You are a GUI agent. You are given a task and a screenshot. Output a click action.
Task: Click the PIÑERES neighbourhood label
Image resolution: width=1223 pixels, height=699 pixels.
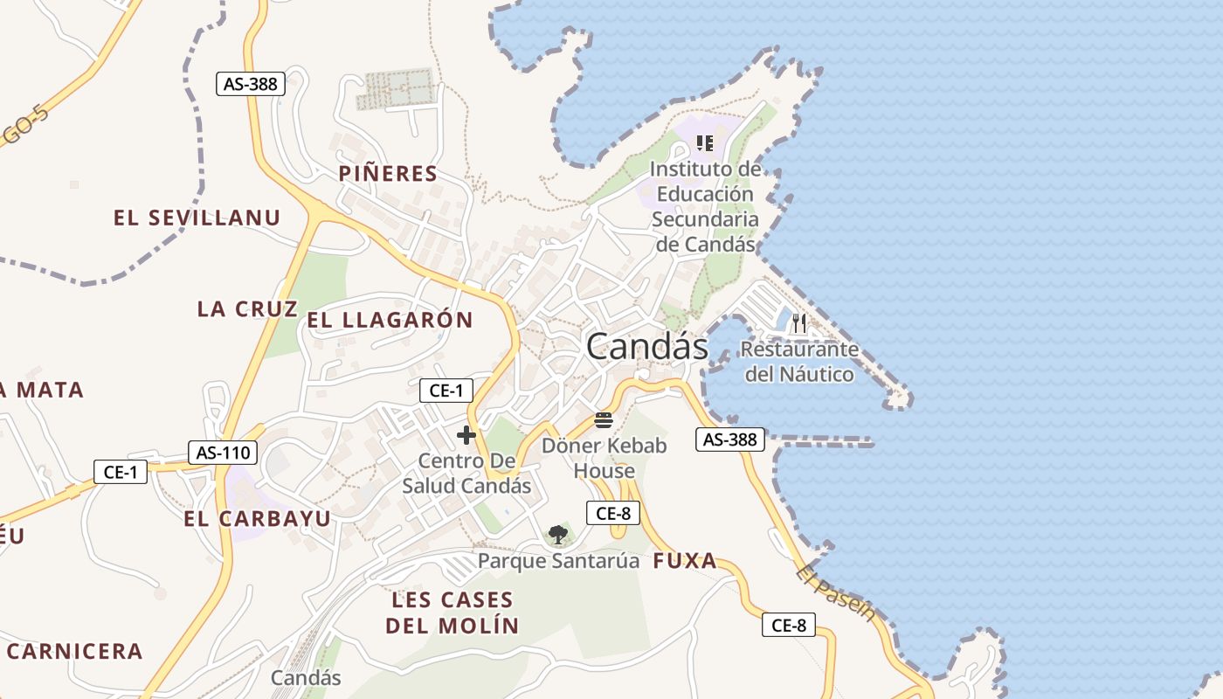(x=388, y=174)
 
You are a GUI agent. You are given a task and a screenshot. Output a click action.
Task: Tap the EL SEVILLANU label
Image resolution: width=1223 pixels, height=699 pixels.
(x=197, y=218)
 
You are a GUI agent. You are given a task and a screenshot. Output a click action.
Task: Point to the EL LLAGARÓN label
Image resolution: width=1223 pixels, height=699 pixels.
(x=390, y=321)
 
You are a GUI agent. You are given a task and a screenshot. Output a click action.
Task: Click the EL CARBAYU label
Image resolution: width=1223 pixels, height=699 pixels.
(x=258, y=519)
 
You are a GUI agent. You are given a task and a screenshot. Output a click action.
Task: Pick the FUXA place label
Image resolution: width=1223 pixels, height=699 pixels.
(x=685, y=561)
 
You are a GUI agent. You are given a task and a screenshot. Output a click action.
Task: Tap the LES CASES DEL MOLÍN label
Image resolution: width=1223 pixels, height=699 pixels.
(x=453, y=612)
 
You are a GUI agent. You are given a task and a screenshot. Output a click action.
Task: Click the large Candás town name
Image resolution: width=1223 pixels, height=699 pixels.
(x=646, y=347)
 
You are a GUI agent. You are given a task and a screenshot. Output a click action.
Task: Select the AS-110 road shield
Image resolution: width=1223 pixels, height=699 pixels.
(x=223, y=453)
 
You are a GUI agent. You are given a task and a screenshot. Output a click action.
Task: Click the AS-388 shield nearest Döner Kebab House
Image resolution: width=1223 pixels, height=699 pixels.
(x=730, y=439)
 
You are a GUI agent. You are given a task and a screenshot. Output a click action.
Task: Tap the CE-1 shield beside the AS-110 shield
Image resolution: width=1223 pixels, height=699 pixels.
(x=121, y=472)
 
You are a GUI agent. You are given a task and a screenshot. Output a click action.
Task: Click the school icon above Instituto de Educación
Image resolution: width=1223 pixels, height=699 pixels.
(x=705, y=142)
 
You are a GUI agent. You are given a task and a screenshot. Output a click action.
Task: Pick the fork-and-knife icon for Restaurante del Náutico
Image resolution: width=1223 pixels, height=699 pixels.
(x=799, y=324)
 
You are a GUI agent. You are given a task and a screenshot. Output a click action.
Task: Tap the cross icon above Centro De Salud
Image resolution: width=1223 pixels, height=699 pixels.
(x=466, y=434)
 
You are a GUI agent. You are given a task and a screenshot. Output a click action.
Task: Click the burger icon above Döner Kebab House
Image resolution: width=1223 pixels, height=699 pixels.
(x=604, y=420)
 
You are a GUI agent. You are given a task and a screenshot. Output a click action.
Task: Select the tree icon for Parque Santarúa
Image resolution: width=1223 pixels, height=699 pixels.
(x=558, y=534)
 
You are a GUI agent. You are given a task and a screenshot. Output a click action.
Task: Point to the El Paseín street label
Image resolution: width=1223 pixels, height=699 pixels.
(x=836, y=592)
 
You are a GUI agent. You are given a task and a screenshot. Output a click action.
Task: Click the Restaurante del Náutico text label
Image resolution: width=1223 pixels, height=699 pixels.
(x=799, y=362)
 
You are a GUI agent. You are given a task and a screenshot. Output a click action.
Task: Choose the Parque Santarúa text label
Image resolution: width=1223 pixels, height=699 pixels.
(x=559, y=560)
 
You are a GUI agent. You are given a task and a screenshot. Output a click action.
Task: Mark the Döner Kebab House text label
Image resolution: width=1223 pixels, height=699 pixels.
(x=604, y=458)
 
